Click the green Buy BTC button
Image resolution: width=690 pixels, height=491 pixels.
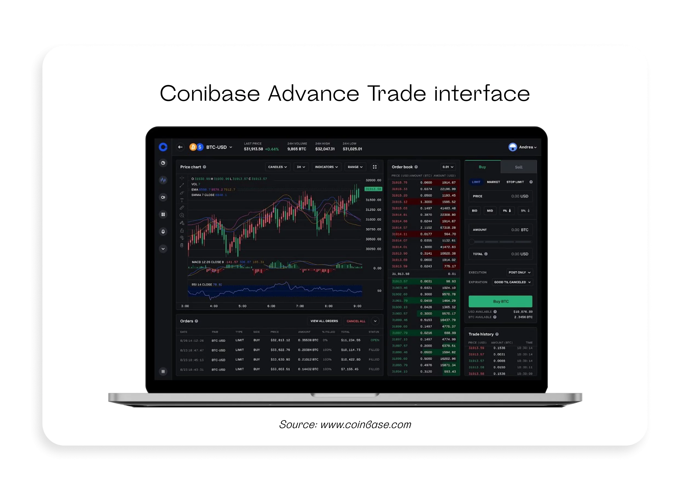pyautogui.click(x=500, y=301)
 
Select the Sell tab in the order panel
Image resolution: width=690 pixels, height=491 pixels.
pyautogui.click(x=518, y=167)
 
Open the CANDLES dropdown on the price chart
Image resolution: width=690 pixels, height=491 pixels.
pyautogui.click(x=277, y=167)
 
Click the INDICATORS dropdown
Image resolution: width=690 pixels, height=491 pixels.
pyautogui.click(x=326, y=167)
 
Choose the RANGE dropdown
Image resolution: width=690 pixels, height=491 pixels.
pyautogui.click(x=355, y=167)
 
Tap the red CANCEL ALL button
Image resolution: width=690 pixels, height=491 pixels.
pyautogui.click(x=356, y=321)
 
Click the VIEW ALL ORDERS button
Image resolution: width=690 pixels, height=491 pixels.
pyautogui.click(x=324, y=321)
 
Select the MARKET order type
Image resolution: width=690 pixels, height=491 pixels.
pyautogui.click(x=493, y=182)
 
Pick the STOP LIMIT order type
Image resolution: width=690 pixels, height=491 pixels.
pyautogui.click(x=515, y=182)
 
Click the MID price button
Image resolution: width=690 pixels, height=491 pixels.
pyautogui.click(x=490, y=211)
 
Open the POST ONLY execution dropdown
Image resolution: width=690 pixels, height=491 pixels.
pyautogui.click(x=519, y=272)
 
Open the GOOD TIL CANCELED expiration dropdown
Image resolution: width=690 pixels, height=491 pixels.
pyautogui.click(x=512, y=282)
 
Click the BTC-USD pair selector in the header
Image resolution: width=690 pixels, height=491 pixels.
pyautogui.click(x=219, y=147)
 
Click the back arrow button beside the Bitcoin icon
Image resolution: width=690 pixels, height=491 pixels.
pyautogui.click(x=180, y=147)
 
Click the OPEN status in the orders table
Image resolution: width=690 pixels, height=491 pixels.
pyautogui.click(x=375, y=340)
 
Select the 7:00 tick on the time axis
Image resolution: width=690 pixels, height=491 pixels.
pyautogui.click(x=300, y=306)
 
